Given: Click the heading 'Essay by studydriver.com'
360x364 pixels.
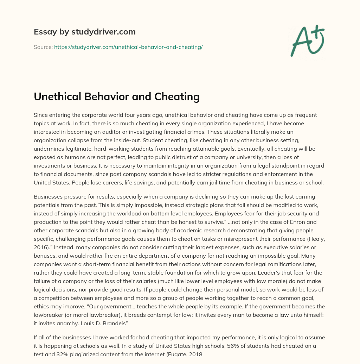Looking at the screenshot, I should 84,32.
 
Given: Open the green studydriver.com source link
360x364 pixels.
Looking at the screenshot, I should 128,47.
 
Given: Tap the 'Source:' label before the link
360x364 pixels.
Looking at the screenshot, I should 43,47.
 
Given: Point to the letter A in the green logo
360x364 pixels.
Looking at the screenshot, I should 301,42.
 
